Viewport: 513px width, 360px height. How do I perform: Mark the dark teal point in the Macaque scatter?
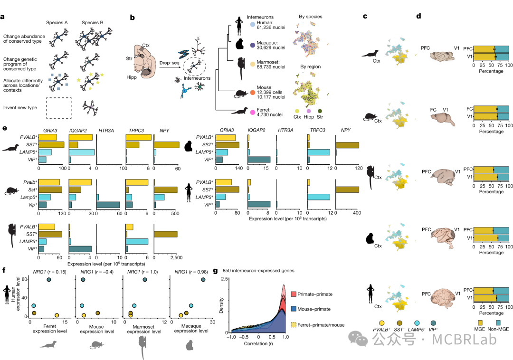(203, 279)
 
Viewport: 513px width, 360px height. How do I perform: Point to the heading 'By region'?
(310, 67)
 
